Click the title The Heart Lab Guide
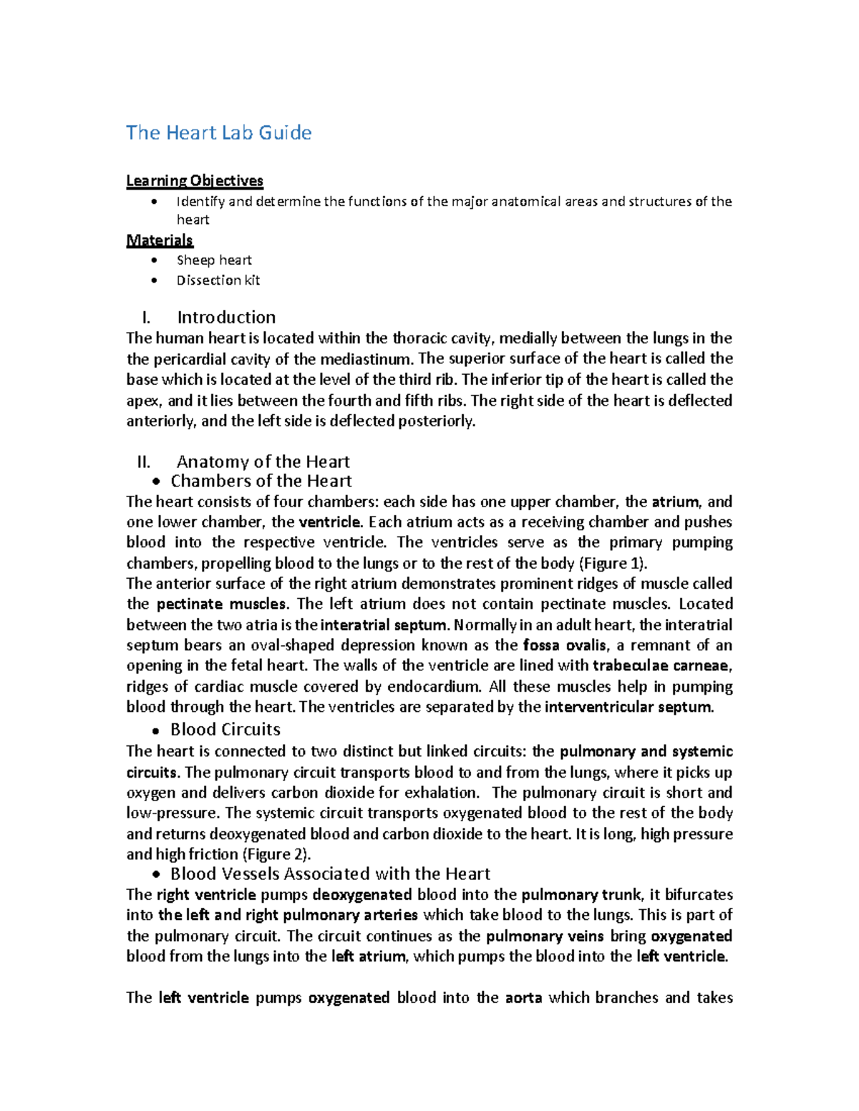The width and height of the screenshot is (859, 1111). [x=218, y=133]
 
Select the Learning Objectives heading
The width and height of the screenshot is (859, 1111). [x=195, y=181]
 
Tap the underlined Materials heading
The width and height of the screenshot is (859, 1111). [x=160, y=240]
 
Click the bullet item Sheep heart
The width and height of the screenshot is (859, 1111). [x=214, y=260]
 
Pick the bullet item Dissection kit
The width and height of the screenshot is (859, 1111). [x=218, y=280]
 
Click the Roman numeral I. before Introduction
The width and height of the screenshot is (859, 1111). [x=147, y=318]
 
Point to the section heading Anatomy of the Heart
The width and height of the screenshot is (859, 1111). [x=263, y=461]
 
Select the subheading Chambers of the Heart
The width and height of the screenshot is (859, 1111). [x=261, y=481]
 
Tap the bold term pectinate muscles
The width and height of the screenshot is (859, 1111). [x=222, y=605]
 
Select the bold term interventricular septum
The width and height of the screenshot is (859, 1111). [x=629, y=708]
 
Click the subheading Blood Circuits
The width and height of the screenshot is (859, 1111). [x=225, y=730]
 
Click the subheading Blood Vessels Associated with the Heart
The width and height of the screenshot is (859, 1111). [x=330, y=874]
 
